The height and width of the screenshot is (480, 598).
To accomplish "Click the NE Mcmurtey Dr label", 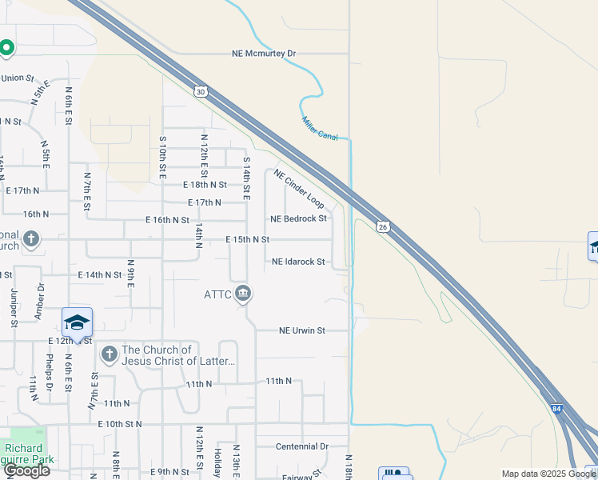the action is pos(264,54).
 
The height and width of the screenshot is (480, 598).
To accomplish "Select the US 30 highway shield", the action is pos(200,92).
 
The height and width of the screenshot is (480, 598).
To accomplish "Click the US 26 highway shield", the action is pos(383,227).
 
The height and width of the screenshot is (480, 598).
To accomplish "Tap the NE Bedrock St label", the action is pos(298,218).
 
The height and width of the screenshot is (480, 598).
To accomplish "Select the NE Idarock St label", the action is pos(298,262).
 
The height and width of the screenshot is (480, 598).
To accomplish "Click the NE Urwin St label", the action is pos(301,330).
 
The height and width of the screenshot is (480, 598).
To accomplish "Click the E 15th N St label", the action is pos(247,239).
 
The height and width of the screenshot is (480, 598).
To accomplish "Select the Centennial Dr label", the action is pos(302,446).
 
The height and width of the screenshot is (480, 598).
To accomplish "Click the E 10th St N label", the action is pos(119,424).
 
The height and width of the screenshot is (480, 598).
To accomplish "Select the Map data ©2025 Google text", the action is pos(548,474).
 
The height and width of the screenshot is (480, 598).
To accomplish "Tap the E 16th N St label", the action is pos(167,219).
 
